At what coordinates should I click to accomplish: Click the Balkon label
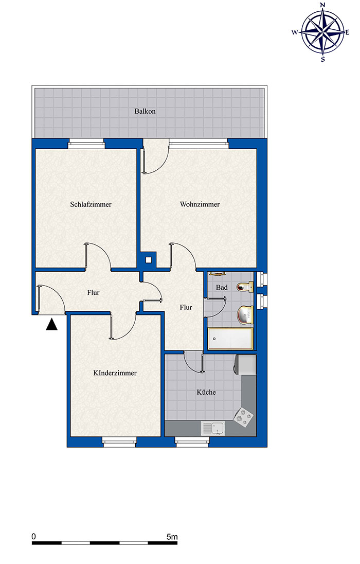click(145, 111)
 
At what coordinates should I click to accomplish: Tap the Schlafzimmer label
click(91, 204)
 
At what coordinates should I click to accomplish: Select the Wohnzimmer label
click(200, 204)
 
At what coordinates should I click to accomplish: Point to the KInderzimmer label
click(115, 373)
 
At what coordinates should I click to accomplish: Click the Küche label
click(206, 392)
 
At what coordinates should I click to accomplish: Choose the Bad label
click(222, 287)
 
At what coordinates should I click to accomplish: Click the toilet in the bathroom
click(245, 287)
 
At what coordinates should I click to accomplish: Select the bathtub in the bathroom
click(230, 339)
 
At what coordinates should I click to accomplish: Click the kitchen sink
click(212, 428)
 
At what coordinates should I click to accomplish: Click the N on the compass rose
click(322, 5)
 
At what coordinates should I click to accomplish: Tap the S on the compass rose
click(322, 59)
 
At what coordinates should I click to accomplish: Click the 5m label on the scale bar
click(172, 537)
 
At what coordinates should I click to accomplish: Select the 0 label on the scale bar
click(34, 537)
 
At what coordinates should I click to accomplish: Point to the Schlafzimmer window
click(86, 144)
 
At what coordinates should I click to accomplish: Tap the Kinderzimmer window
click(119, 442)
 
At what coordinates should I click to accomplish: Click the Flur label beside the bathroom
click(186, 308)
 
